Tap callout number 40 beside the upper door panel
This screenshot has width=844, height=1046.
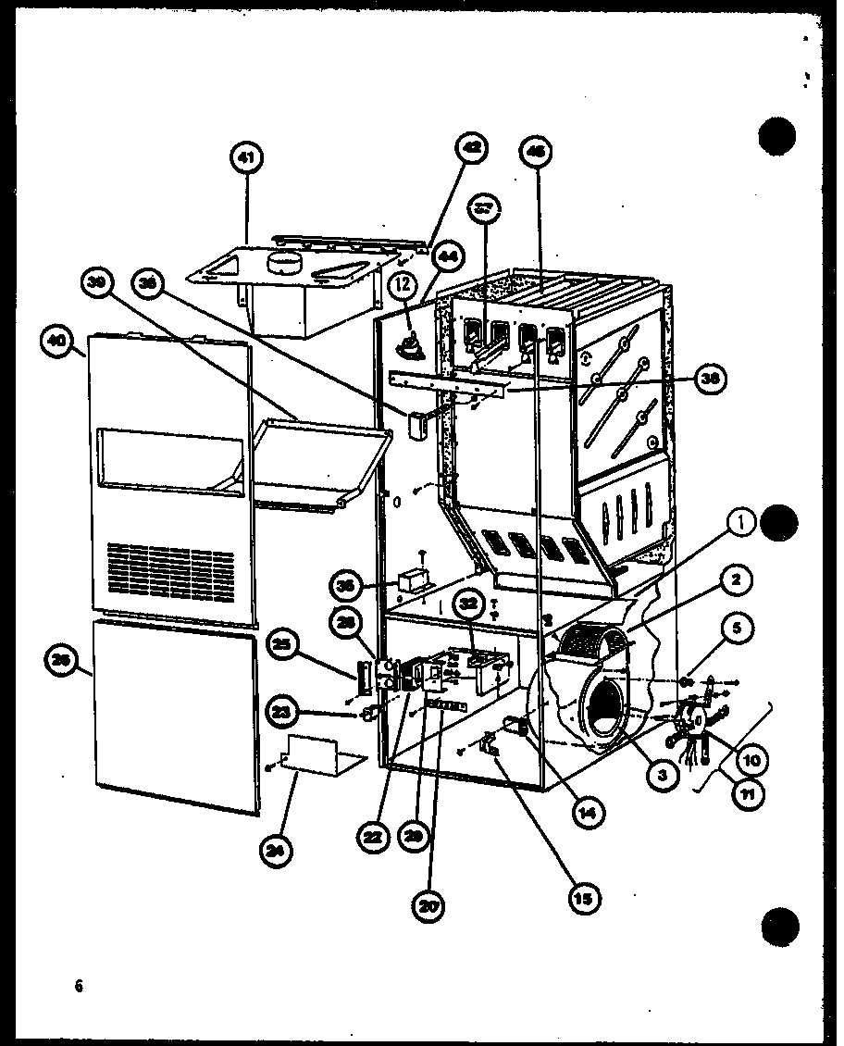[59, 344]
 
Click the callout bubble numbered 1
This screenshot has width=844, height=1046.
[739, 524]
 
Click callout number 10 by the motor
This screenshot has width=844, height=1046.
[751, 760]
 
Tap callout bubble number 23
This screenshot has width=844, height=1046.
[282, 712]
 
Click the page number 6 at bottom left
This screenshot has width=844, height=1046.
[80, 987]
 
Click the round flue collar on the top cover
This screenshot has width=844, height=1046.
[284, 264]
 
